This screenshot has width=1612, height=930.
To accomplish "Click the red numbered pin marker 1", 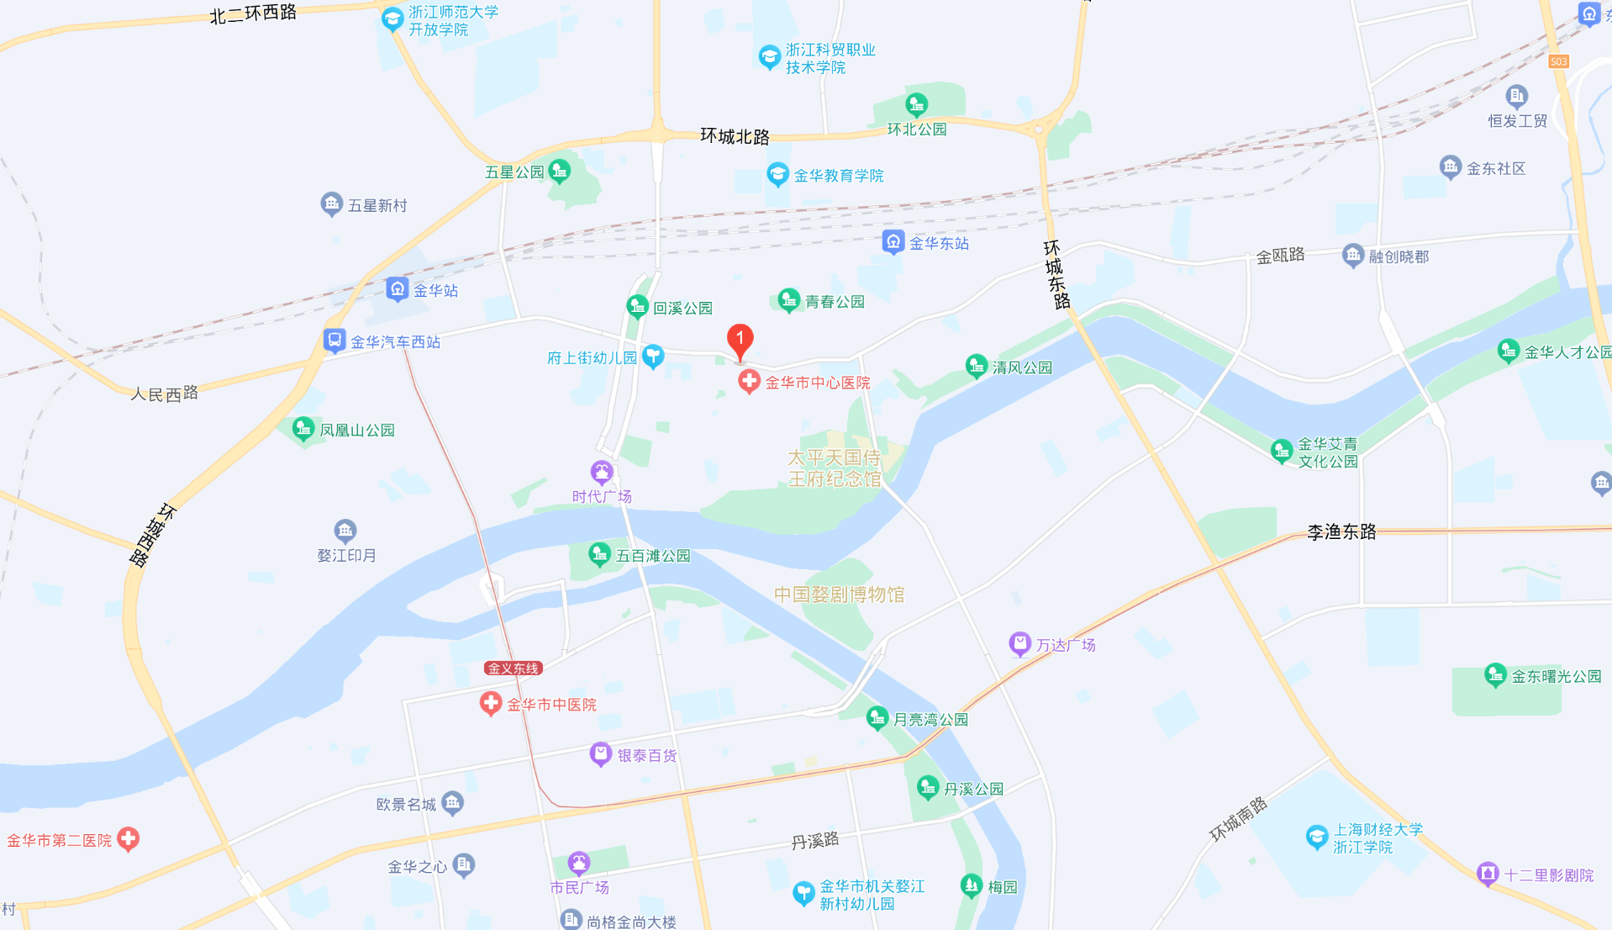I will [740, 340].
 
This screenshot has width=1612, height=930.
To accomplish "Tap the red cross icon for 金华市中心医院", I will [748, 382].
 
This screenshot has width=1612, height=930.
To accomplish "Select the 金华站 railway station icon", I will [397, 290].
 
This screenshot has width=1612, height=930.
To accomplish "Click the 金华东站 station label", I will [939, 243].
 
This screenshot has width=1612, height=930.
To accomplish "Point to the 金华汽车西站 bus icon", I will [335, 341].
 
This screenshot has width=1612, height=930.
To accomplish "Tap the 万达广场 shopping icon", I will [1019, 645].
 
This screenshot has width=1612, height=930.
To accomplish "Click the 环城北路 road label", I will [735, 136].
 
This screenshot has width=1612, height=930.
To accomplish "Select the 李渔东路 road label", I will [1341, 531].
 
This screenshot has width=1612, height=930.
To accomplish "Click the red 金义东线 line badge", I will [514, 668].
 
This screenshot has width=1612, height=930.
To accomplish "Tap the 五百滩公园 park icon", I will [599, 555].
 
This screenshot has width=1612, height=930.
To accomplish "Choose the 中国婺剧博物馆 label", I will [839, 594].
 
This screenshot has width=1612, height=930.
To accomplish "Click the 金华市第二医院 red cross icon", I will [128, 839].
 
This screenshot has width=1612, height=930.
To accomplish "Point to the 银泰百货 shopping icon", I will [600, 754].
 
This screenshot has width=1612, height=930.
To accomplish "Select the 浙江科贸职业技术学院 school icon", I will [769, 57].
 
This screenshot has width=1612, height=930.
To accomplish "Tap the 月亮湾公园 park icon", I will [877, 718].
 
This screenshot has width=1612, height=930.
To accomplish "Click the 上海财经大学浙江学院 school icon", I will [1316, 838].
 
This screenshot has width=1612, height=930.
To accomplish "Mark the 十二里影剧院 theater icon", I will [1488, 875].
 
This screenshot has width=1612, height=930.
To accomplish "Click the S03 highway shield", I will [1558, 61].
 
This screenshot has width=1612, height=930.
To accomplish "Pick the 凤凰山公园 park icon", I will [303, 429].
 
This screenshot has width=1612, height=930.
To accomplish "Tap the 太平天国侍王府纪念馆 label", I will [834, 468].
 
